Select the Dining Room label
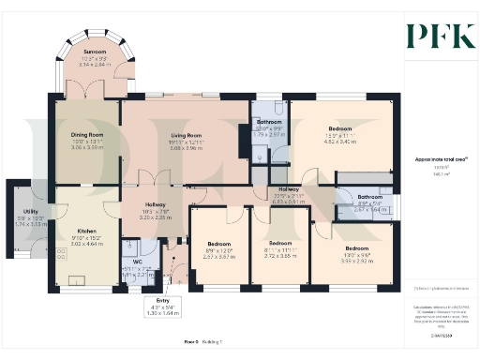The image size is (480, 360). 86,134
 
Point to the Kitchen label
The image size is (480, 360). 86,230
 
